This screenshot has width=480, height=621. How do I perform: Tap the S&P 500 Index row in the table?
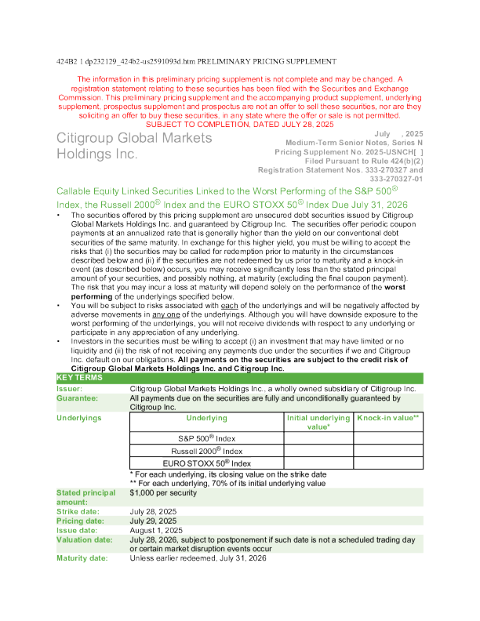point(206,438)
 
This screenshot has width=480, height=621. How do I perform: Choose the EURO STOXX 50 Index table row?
point(206,464)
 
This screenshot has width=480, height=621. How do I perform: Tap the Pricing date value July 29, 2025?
point(153,521)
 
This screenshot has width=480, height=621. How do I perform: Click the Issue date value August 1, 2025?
point(156,530)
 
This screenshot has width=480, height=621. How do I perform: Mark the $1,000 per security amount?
point(162,492)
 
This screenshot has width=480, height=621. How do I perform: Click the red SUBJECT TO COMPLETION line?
point(240,125)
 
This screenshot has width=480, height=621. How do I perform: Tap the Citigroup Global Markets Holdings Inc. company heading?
point(134,146)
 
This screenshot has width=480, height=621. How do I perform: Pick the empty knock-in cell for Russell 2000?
point(388,451)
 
